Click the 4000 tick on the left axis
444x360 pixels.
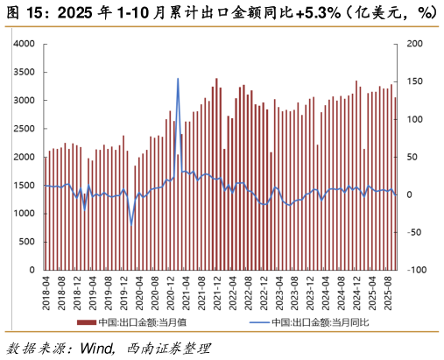(x=24, y=44)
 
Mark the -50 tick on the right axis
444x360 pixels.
(x=413, y=232)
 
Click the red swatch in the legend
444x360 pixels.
(x=86, y=322)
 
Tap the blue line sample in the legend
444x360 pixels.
(x=258, y=322)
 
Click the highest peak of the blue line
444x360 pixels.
(x=178, y=79)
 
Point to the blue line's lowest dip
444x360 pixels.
(x=131, y=223)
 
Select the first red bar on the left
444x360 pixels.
(x=46, y=213)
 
